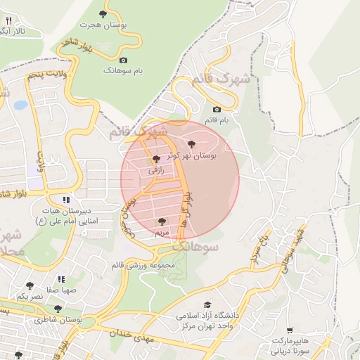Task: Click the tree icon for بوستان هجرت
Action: coord(103,13)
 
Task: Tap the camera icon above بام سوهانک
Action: coord(124,60)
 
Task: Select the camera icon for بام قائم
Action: coord(217,109)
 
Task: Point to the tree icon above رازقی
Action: coord(156,159)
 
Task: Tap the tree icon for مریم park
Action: coord(162,221)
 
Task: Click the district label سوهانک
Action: coord(196,247)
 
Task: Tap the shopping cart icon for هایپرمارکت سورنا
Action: coord(290,330)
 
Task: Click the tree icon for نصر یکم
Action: coord(30,285)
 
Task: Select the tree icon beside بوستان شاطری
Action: coord(58,309)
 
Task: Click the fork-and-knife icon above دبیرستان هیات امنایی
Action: coord(67,199)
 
